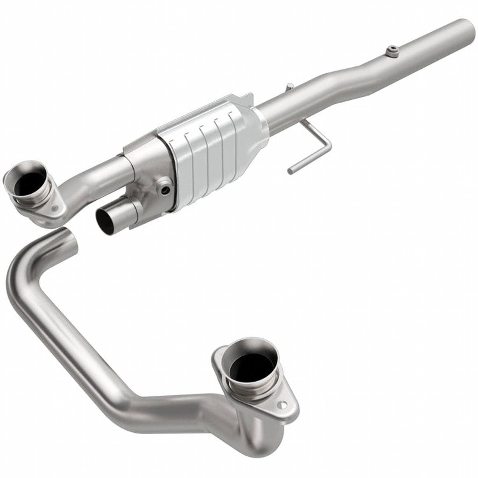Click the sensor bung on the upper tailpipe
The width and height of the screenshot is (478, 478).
393,51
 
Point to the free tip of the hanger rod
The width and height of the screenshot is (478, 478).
290,171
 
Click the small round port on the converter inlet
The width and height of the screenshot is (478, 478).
164,189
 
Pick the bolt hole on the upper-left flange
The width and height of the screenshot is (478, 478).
56,208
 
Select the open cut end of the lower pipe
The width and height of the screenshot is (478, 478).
69,238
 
